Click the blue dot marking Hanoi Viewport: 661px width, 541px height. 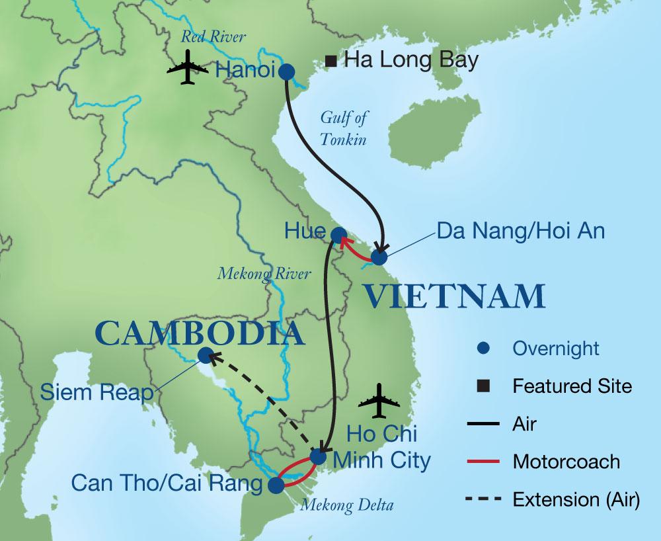pos(287,71)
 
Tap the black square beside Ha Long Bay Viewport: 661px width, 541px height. pos(332,62)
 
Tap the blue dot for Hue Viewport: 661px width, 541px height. pos(338,234)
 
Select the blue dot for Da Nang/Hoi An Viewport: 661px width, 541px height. pos(379,257)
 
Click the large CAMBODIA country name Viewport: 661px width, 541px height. pos(200,334)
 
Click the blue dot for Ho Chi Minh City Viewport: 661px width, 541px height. pos(318,457)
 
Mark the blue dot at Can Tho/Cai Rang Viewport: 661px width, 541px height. pos(276,485)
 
